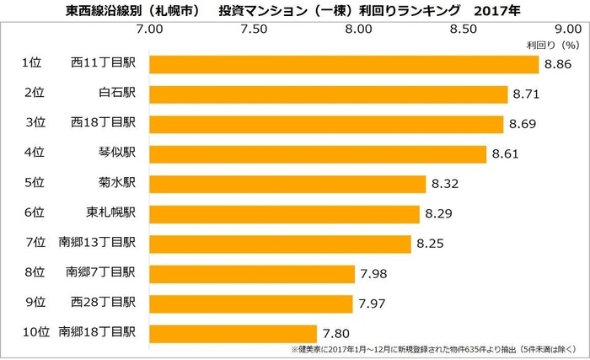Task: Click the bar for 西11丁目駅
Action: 344,64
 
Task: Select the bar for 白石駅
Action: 329,94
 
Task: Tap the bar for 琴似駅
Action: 318,153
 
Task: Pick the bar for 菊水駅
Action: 287,184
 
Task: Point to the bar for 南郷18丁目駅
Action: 233,333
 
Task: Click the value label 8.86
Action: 557,64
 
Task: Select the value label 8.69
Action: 523,124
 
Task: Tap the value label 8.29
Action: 438,214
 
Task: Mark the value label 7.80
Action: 335,334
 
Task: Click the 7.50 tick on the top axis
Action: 254,29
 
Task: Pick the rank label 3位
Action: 35,124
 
